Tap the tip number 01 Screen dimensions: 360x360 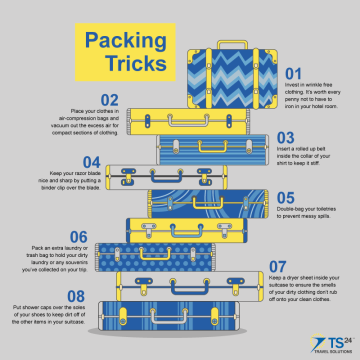(x=293, y=74)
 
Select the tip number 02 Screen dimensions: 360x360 (x=109, y=99)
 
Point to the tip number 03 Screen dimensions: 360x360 (x=285, y=137)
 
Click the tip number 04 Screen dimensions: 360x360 (x=91, y=162)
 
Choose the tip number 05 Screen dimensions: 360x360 (x=285, y=198)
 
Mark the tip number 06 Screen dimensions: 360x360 (x=78, y=236)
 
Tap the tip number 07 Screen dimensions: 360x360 (x=278, y=266)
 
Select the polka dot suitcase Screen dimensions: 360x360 (x=155, y=257)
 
